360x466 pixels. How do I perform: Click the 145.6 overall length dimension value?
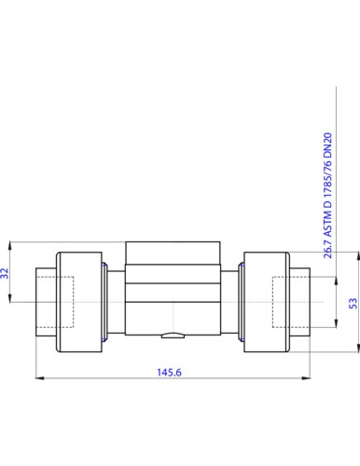[x=169, y=372]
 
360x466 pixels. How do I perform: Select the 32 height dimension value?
[x=5, y=273]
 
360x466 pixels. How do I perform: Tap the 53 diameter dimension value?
[x=353, y=303]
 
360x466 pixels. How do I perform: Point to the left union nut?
[x=79, y=302]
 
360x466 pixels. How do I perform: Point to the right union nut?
[x=267, y=302]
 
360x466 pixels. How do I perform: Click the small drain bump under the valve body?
[x=173, y=336]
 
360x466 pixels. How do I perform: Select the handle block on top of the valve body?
[x=173, y=253]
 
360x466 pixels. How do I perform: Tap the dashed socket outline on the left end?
[x=55, y=277]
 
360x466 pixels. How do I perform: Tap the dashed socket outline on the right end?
[x=291, y=277]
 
